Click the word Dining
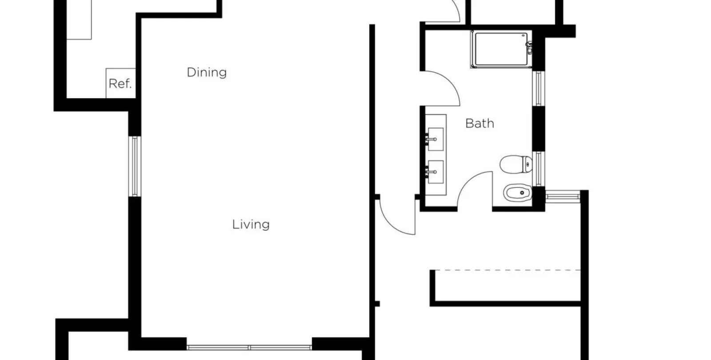pos(207,72)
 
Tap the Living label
pos(251,224)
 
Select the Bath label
pos(479,123)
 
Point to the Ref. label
pos(120,84)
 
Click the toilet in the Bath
pos(516,164)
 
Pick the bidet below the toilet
pos(518,193)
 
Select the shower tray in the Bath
pos(501,49)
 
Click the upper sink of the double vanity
pos(435,139)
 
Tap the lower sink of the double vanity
pos(435,172)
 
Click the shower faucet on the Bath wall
pos(529,48)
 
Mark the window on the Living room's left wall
pos(135,166)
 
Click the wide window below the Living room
pos(249,348)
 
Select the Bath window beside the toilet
pos(538,169)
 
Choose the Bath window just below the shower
pos(538,88)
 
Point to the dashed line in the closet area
pos(507,270)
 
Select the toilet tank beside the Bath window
pos(528,164)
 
